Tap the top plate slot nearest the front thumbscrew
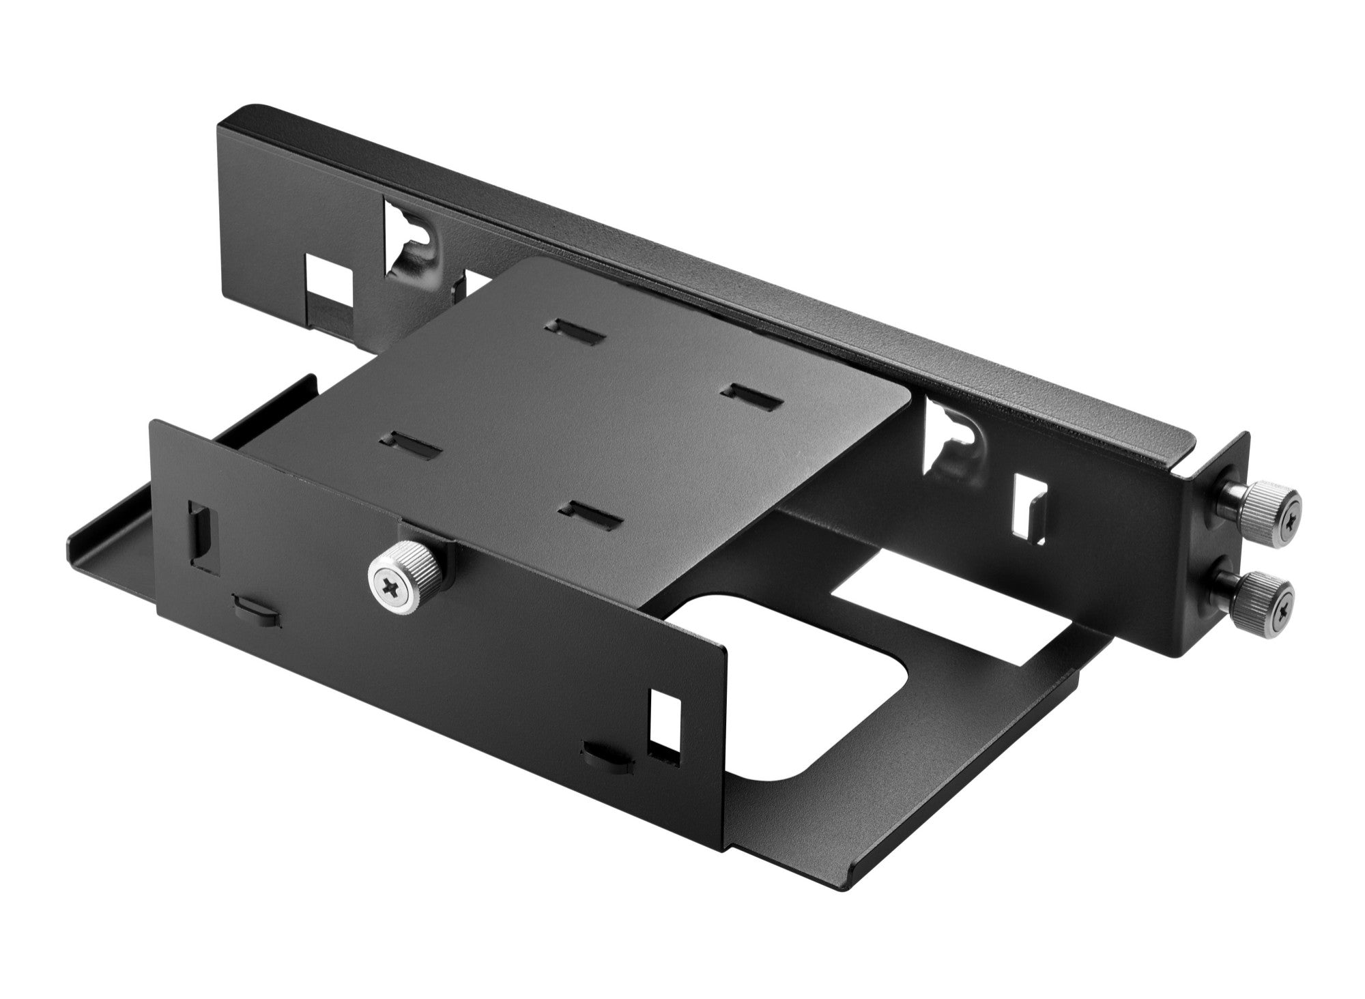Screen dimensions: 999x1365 click(590, 515)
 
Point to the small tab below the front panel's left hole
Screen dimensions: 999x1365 click(257, 609)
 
